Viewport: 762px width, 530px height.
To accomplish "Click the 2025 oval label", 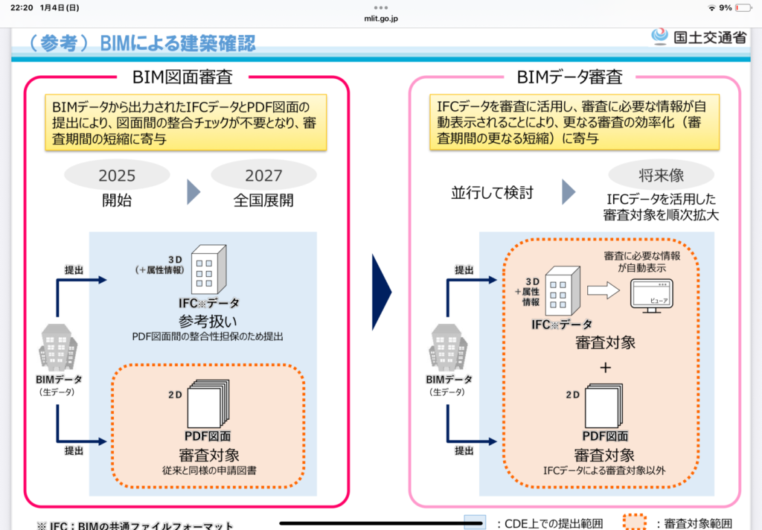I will (117, 176).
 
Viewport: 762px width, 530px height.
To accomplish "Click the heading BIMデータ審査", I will (570, 77).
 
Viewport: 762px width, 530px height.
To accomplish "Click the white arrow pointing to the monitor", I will (602, 291).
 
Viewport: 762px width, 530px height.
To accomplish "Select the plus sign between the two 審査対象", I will (605, 367).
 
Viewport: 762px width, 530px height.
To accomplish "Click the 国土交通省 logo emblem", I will (659, 36).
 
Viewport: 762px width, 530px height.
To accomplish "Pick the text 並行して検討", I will (492, 193).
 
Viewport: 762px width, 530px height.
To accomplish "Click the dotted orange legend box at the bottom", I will (635, 522).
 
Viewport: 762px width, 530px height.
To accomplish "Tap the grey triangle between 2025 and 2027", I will (193, 192).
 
